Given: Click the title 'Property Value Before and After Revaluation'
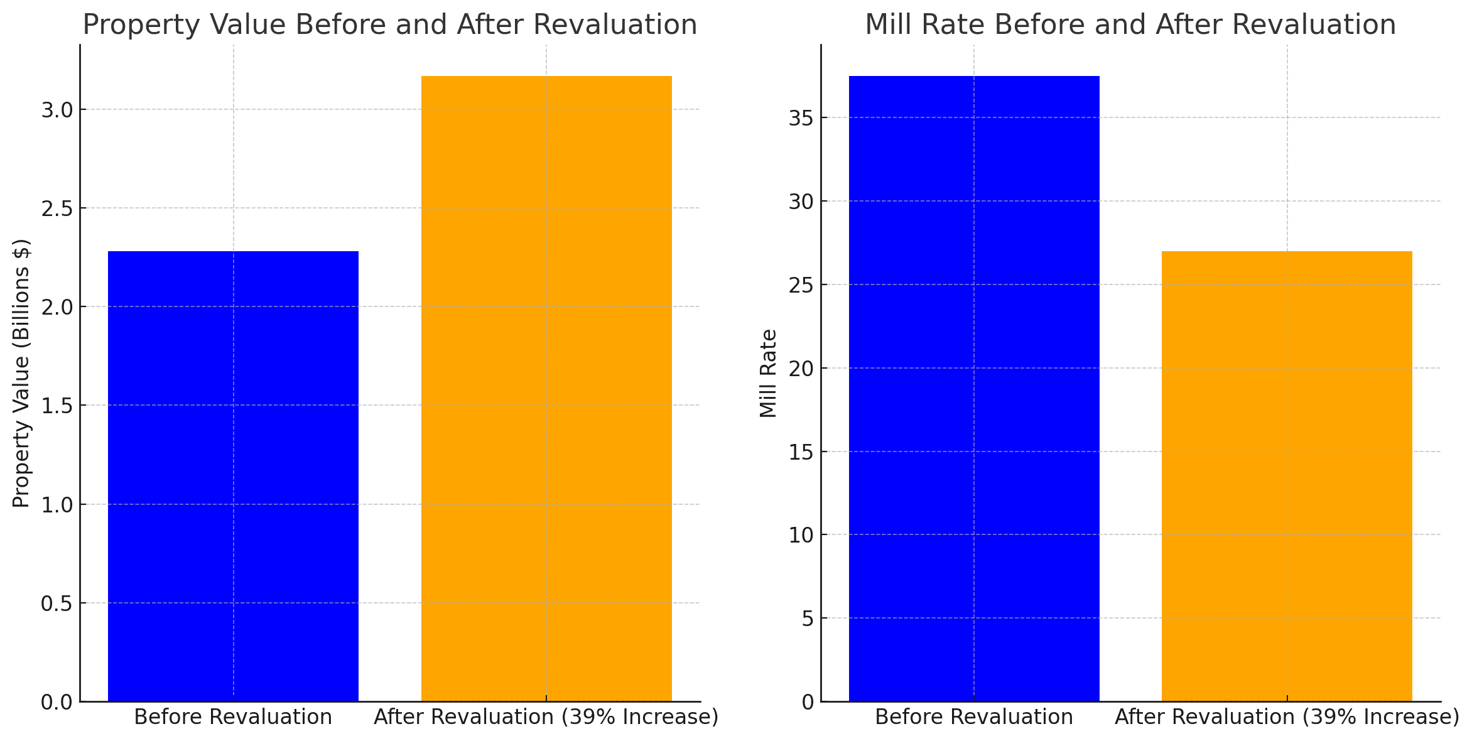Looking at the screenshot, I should coord(390,25).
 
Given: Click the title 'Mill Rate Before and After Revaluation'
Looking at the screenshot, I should coord(1130,25).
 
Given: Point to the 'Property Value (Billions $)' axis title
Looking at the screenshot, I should coord(21,373).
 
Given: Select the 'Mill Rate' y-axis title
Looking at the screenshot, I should coord(768,373).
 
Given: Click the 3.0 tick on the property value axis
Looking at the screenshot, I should coord(57,110).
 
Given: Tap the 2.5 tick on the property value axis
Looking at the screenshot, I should coord(57,208).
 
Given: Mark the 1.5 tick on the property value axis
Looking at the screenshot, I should coord(57,406).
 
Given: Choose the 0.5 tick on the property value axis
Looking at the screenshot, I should coord(57,603).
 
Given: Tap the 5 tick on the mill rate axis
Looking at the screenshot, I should coord(807,619).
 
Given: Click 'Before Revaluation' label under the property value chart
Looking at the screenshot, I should coord(233,717).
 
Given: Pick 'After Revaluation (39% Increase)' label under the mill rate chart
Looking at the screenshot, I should coord(1287,717).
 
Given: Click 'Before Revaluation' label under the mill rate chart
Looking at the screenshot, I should coord(974,717).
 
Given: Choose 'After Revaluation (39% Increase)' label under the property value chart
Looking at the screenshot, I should coord(546,717).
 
